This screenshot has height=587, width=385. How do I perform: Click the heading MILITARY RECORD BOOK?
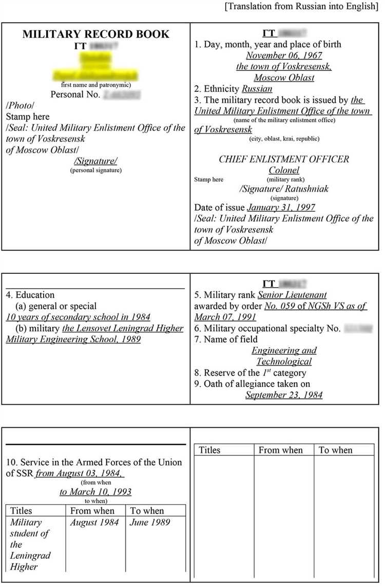click(95, 34)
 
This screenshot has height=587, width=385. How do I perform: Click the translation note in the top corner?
click(302, 6)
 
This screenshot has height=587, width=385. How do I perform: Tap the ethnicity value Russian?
click(257, 89)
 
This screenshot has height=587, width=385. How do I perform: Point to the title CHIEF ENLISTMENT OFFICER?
click(283, 159)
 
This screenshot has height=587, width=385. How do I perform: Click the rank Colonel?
click(284, 170)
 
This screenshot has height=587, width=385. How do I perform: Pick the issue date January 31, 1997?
click(281, 207)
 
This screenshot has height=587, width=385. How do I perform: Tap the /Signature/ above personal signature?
click(96, 161)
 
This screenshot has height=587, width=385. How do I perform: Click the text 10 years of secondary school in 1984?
click(78, 317)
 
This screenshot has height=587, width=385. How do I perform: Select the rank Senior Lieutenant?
click(292, 295)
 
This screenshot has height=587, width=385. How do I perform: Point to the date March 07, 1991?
click(225, 317)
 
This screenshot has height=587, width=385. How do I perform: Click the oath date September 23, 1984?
click(284, 395)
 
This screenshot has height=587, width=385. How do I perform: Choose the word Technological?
click(284, 362)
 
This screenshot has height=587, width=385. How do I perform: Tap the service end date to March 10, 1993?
click(95, 492)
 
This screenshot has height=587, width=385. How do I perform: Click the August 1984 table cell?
click(94, 522)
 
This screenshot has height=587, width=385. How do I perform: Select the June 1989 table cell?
click(150, 522)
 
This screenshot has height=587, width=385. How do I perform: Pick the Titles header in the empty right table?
click(209, 450)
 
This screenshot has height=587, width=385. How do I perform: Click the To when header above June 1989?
click(147, 511)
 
